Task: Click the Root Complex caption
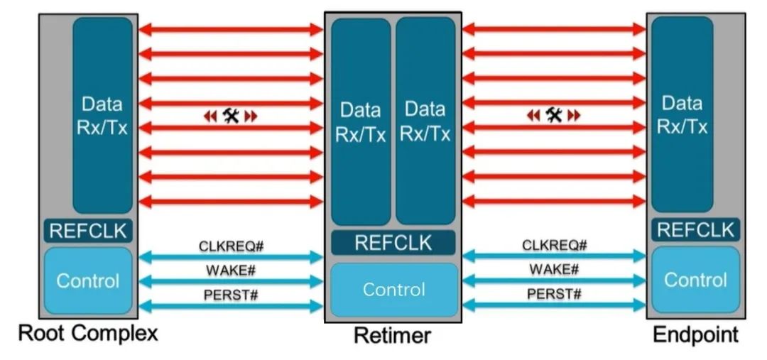(x=88, y=333)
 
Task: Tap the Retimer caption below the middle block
(x=392, y=336)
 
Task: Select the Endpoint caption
(x=695, y=335)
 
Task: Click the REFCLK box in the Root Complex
(x=88, y=230)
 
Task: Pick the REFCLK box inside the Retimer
(x=393, y=243)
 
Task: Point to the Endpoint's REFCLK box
(x=695, y=229)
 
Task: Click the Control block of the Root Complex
(x=88, y=280)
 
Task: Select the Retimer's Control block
(x=394, y=290)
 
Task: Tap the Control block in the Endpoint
(x=695, y=279)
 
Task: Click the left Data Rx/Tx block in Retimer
(x=361, y=121)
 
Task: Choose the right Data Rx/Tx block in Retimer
(x=425, y=121)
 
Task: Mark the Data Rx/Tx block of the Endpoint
(x=682, y=114)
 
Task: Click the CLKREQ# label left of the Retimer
(x=232, y=246)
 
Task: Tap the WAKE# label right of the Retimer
(x=554, y=269)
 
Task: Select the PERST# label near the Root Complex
(x=231, y=295)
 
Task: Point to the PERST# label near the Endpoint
(x=554, y=294)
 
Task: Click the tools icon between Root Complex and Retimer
(x=230, y=116)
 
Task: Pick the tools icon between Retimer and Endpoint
(x=554, y=115)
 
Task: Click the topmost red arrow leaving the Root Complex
(x=231, y=29)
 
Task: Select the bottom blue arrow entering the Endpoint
(x=554, y=305)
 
